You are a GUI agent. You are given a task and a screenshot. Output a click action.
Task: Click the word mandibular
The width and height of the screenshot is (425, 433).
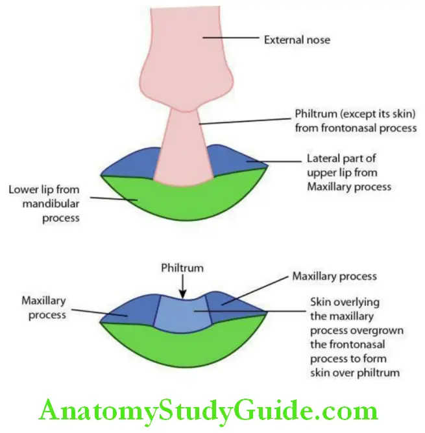[45, 205]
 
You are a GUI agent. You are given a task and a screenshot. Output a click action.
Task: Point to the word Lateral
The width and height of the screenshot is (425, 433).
[322, 158]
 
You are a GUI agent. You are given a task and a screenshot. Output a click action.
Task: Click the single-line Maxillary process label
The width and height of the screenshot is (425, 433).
[334, 275]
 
